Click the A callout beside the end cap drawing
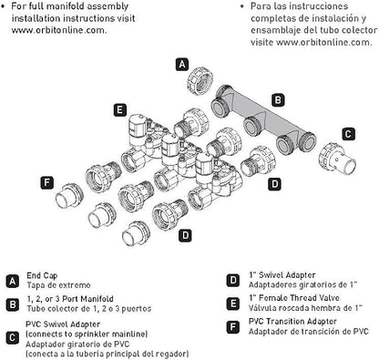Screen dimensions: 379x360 pos(182,65)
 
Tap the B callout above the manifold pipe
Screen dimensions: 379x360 pos(278,100)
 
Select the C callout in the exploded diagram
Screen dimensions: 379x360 pos(348,134)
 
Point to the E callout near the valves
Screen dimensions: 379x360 pos(120,109)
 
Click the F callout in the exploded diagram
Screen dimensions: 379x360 pos(46,182)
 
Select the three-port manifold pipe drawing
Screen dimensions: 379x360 pos(263,119)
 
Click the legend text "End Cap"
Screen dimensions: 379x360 pos(42,275)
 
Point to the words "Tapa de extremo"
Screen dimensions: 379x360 pos(58,285)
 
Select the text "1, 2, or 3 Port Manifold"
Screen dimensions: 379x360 pos(70,299)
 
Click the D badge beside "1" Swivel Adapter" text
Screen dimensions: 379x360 pos(232,280)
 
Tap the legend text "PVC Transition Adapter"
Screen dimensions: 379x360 pos(292,322)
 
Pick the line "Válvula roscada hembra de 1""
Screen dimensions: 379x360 pos(305,308)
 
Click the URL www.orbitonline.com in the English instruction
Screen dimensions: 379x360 pos(59,30)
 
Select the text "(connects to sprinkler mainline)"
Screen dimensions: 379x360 pos(87,334)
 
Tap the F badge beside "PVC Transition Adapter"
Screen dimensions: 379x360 pos(232,327)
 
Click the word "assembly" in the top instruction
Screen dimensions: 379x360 pos(108,6)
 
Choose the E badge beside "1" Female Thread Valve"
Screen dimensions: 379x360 pos(232,303)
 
